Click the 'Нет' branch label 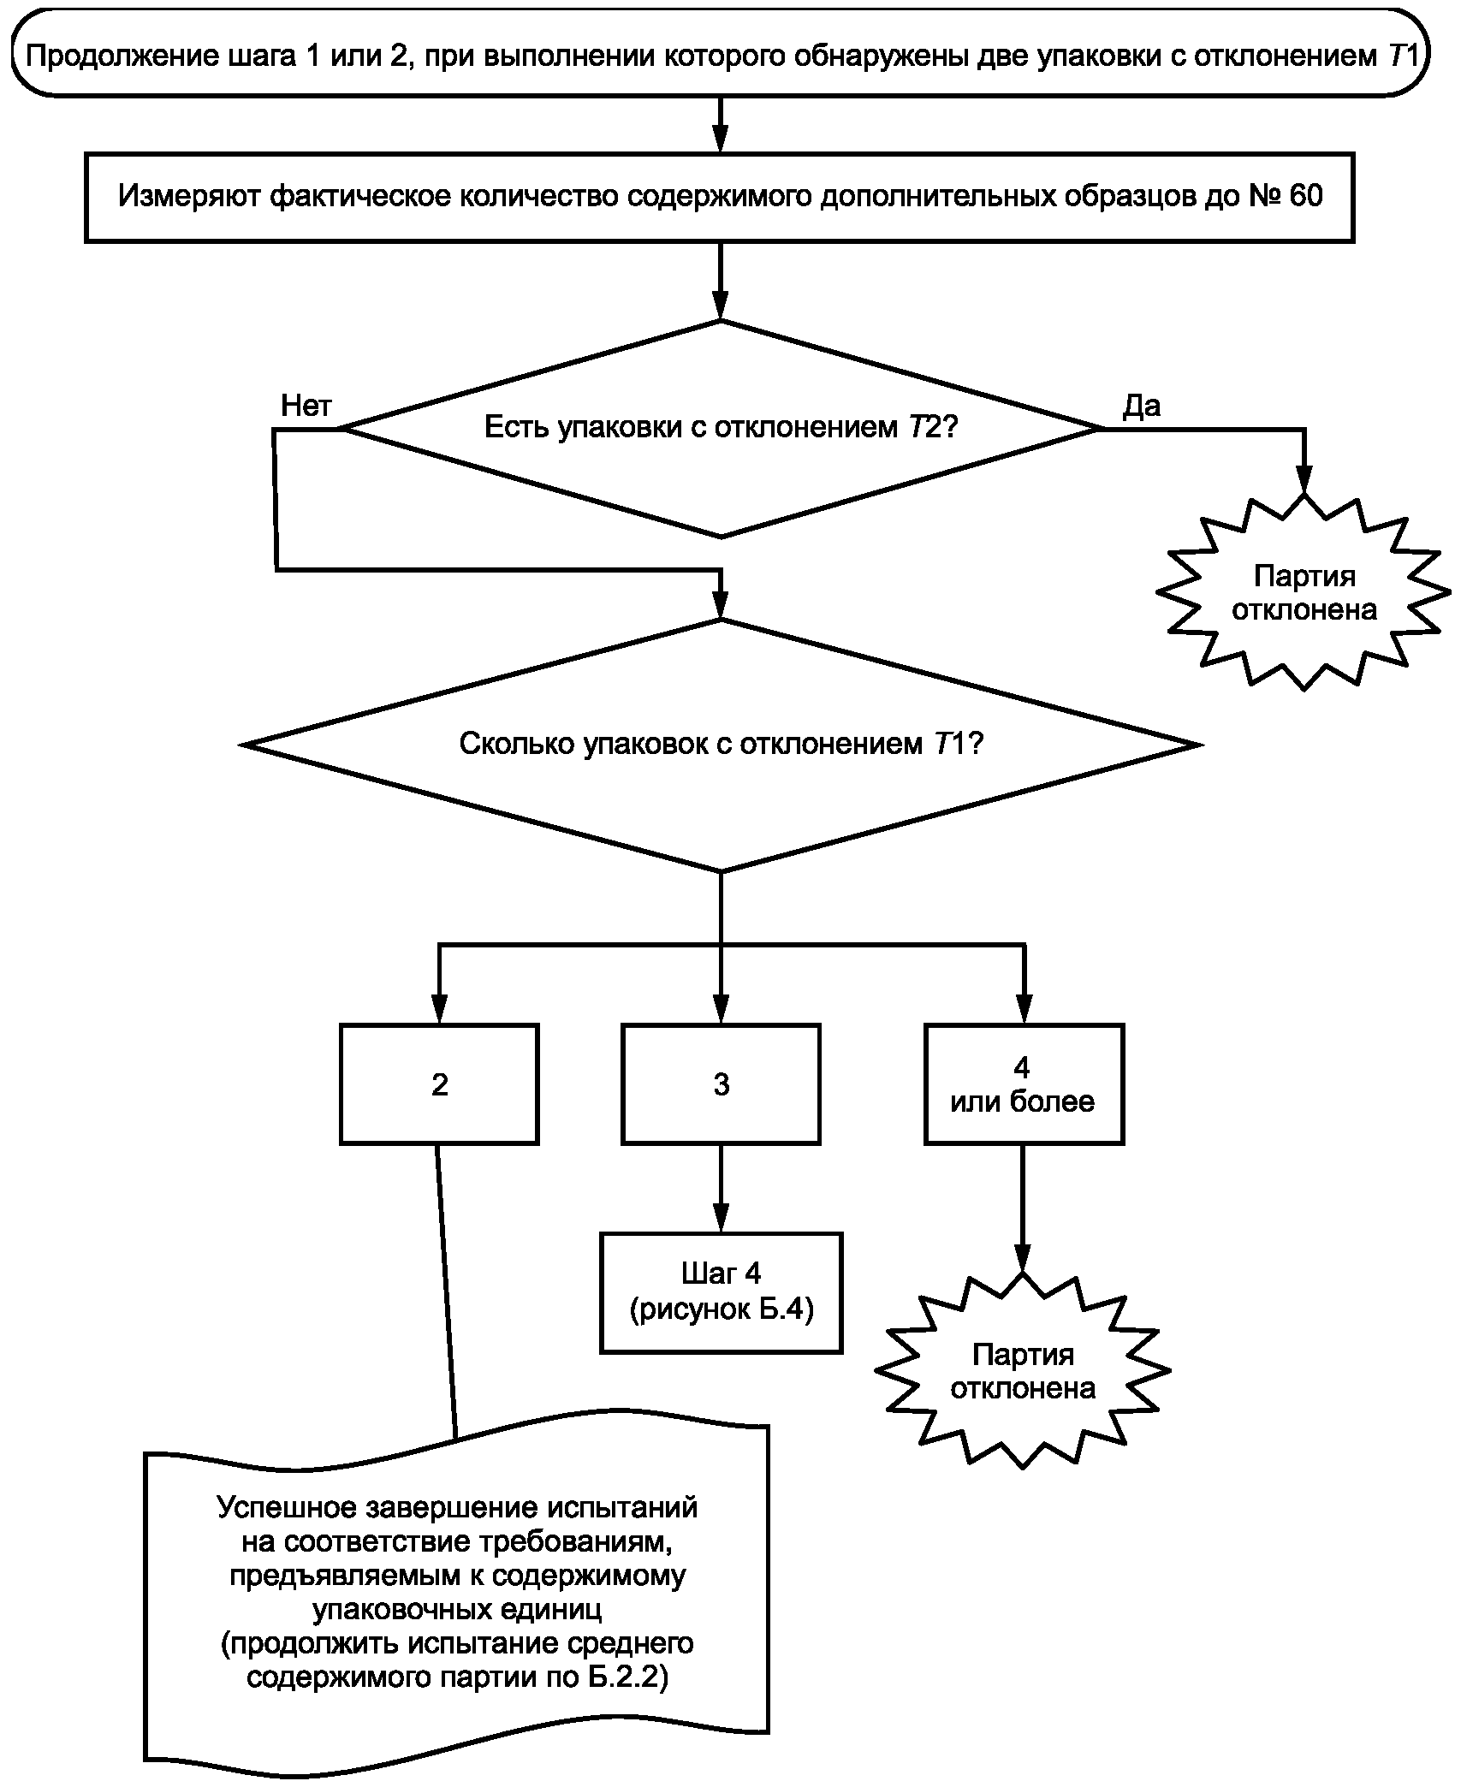pyautogui.click(x=306, y=406)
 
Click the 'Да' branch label pyautogui.click(x=1142, y=406)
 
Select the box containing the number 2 pyautogui.click(x=439, y=1084)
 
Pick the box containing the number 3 pyautogui.click(x=721, y=1084)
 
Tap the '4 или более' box pyautogui.click(x=1024, y=1084)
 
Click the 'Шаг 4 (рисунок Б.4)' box pyautogui.click(x=721, y=1292)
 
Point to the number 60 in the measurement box pyautogui.click(x=1304, y=196)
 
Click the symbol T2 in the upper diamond pyautogui.click(x=924, y=427)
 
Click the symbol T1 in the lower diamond pyautogui.click(x=949, y=744)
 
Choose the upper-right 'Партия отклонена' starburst pyautogui.click(x=1304, y=593)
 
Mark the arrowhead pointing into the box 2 pyautogui.click(x=439, y=1011)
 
